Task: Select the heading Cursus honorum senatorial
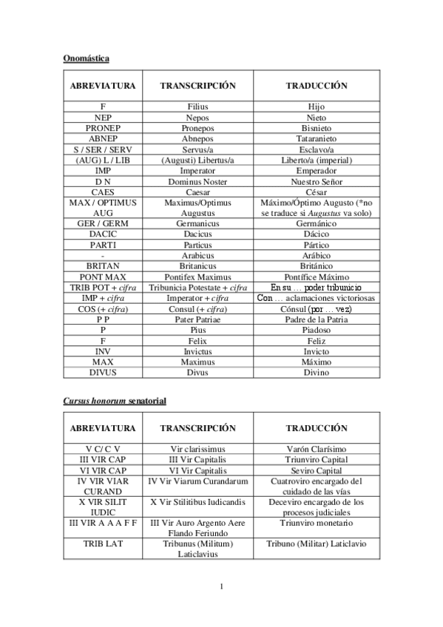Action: (x=114, y=400)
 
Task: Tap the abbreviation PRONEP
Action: (x=103, y=128)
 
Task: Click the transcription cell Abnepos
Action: (x=197, y=138)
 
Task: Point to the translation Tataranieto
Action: (x=317, y=138)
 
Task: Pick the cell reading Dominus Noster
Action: (x=197, y=181)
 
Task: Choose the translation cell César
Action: (x=317, y=192)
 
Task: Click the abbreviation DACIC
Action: (x=103, y=234)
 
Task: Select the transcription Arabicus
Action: (x=197, y=255)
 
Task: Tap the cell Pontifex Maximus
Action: (x=197, y=277)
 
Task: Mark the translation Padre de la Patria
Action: (x=317, y=319)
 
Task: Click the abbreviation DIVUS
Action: (x=103, y=373)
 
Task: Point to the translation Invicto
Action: (x=317, y=351)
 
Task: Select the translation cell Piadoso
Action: (x=317, y=330)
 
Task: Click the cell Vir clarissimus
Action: (x=197, y=449)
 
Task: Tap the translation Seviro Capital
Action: (x=317, y=470)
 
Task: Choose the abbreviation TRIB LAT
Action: (x=103, y=544)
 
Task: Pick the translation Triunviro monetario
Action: (x=317, y=523)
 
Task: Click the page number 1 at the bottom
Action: (x=221, y=587)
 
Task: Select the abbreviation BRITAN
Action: (x=103, y=265)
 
